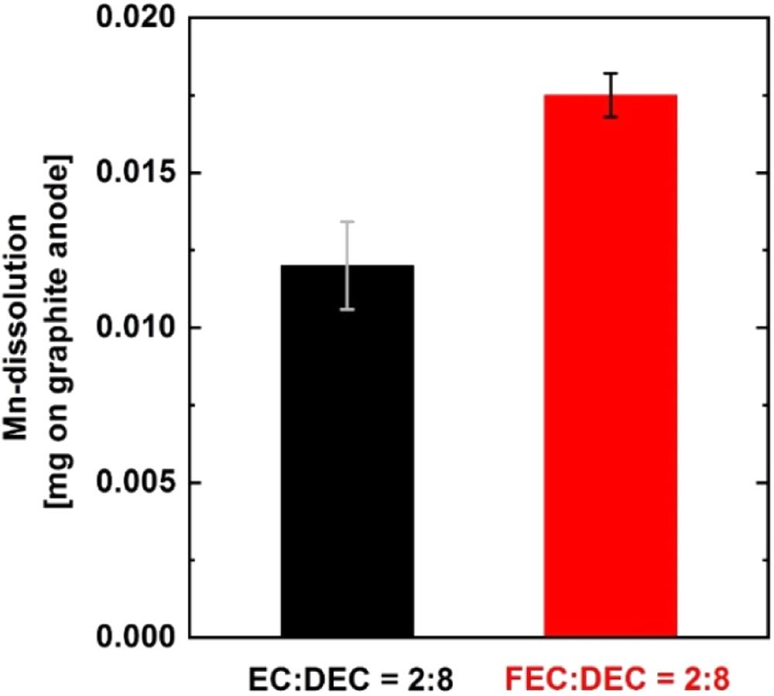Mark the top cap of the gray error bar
(348, 221)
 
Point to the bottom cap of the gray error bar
(348, 310)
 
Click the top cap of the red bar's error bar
(611, 74)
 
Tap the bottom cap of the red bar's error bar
(611, 118)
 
